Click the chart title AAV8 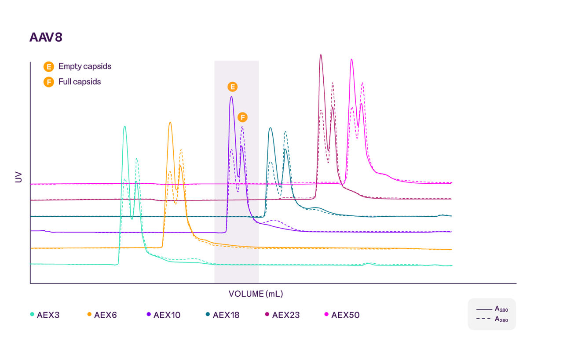point(46,37)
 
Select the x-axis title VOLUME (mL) point(256,294)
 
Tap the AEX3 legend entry point(46,315)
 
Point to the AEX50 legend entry point(342,315)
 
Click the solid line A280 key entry point(491,309)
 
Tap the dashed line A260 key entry point(491,320)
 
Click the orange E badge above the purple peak point(232,87)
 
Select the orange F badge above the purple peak point(242,117)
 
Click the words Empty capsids point(85,66)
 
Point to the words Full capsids point(80,82)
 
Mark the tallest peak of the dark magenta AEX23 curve point(321,55)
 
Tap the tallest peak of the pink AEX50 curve point(351,59)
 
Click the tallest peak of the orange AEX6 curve point(170,123)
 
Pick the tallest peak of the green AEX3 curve point(125,127)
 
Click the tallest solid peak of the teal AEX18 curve point(270,128)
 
